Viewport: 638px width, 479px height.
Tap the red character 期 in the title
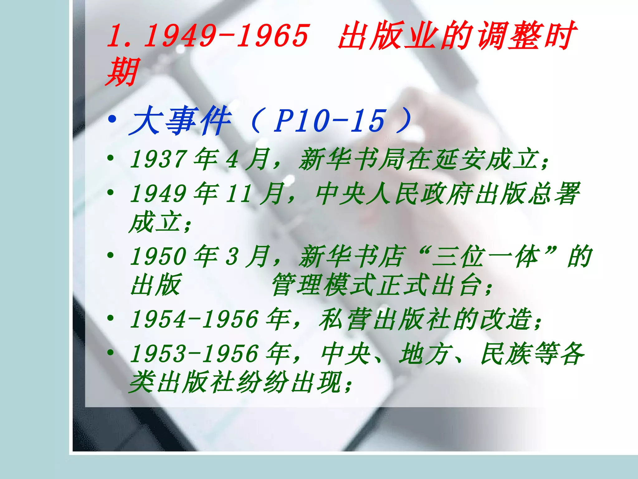(121, 72)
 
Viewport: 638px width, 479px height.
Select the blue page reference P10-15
(329, 121)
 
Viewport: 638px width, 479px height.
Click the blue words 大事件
(180, 121)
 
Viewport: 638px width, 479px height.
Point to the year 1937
(158, 159)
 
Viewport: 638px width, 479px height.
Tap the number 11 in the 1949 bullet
(238, 194)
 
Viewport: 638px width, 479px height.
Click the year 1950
(158, 257)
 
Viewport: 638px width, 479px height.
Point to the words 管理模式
(324, 285)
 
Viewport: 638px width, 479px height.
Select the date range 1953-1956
(194, 354)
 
